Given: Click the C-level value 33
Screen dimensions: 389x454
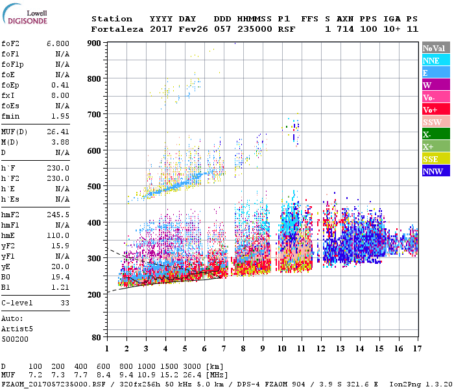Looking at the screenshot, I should point(64,303).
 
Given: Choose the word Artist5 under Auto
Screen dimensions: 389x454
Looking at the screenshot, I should point(16,329).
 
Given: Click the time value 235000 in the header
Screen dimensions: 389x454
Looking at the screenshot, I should point(255,29).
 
